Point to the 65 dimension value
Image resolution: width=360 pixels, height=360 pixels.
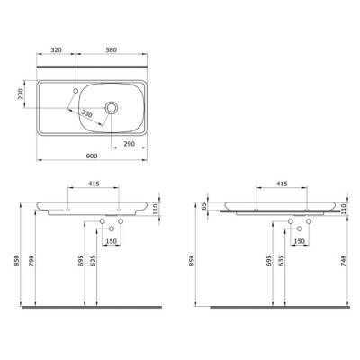click(x=205, y=206)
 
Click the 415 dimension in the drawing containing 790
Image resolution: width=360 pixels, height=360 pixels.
click(x=94, y=184)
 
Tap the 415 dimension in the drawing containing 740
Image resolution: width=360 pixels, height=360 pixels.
click(x=282, y=184)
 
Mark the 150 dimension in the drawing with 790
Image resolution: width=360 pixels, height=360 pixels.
click(x=112, y=241)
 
